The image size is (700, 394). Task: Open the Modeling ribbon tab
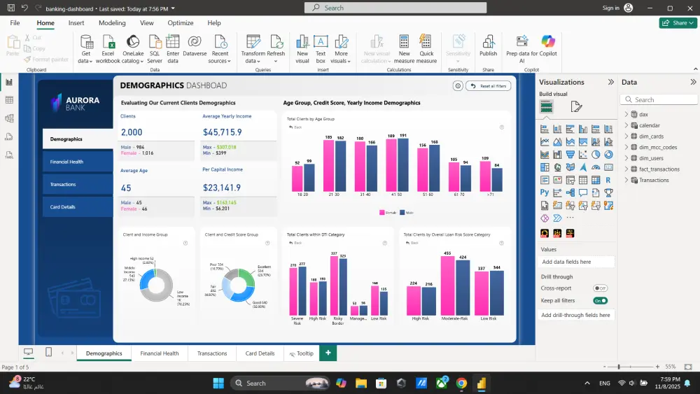(112, 23)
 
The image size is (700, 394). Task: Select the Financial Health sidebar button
(77, 162)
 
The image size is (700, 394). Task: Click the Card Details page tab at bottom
(260, 353)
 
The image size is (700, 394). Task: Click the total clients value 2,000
(132, 132)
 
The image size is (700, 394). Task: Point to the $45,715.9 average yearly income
(222, 132)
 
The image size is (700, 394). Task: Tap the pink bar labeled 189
(391, 165)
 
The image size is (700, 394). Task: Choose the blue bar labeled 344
(497, 293)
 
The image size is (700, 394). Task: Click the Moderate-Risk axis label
(456, 318)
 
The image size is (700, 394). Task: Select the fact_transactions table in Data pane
(659, 169)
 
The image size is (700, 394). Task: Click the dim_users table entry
(651, 158)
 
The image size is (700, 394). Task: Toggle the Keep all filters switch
(600, 300)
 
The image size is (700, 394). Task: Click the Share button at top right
(678, 23)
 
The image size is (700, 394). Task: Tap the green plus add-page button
(328, 353)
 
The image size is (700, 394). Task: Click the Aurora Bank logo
(67, 104)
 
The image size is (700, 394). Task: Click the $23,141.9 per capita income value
(222, 188)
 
